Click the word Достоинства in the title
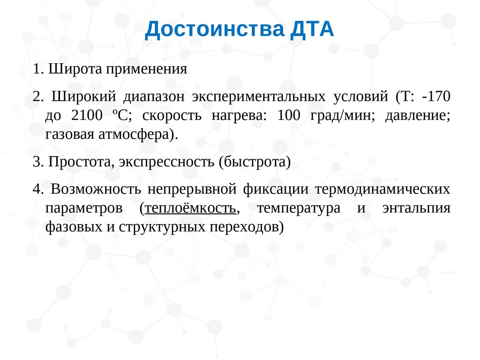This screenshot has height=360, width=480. (x=215, y=30)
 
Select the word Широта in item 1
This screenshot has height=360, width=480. (x=75, y=69)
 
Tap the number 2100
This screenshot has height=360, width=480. (x=87, y=115)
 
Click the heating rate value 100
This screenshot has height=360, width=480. (x=289, y=115)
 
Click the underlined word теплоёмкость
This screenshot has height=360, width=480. (x=190, y=209)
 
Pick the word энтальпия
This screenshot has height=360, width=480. (x=417, y=209)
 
